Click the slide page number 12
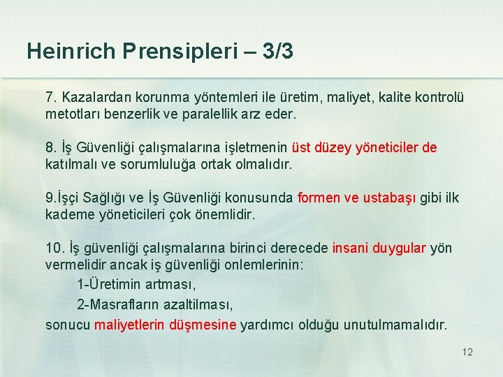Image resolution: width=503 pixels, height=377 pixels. coord(467,352)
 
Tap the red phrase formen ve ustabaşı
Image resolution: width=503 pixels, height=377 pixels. coord(357,198)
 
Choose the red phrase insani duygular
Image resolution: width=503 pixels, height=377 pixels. coord(379,249)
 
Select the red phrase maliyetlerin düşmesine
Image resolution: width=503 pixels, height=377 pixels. coord(166,325)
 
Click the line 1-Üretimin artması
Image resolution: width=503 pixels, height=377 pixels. coord(136,285)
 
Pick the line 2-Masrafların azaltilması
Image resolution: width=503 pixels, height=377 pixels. coord(154,305)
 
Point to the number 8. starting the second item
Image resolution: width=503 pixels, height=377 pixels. coord(51,147)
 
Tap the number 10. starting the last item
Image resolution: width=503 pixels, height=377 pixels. coord(55,249)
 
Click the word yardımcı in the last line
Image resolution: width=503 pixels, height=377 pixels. coord(268,325)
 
